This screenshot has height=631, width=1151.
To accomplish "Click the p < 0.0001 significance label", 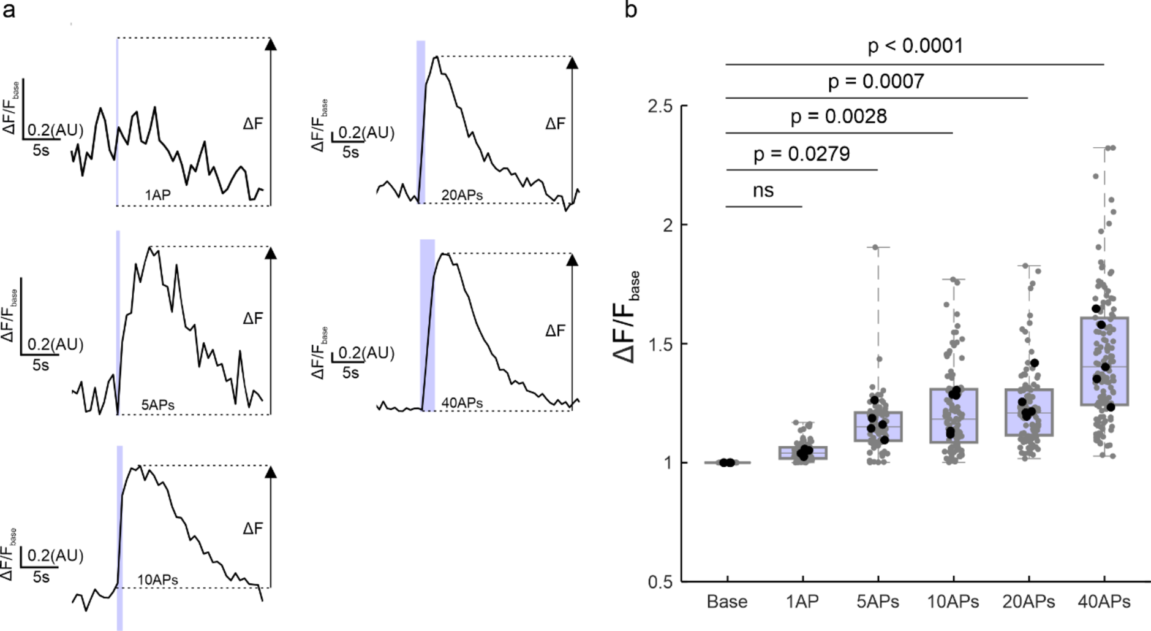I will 915,46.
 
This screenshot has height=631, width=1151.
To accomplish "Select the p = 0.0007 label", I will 876,82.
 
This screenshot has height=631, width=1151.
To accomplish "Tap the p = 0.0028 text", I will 839,117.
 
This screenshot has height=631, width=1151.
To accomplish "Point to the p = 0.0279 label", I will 801,154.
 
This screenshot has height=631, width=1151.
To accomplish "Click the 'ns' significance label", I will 763,190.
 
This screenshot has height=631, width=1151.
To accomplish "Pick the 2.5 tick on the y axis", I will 659,107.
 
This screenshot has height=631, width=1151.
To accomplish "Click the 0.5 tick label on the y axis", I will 659,581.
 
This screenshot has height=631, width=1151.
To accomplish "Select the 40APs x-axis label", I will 1104,602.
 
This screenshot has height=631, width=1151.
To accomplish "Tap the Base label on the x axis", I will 726,602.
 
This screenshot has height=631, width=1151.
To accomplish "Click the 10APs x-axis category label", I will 953,602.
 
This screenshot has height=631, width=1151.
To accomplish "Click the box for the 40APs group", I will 1104,361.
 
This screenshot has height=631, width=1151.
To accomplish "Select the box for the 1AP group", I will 802,453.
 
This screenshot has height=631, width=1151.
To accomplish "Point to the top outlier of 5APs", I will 876,247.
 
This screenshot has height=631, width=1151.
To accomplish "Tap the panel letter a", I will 9,10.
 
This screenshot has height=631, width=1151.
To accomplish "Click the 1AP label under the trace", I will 157,196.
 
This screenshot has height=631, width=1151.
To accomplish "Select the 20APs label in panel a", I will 461,196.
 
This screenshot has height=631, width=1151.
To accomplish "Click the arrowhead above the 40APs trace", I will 572,260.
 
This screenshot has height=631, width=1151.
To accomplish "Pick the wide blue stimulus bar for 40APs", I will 428,325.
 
